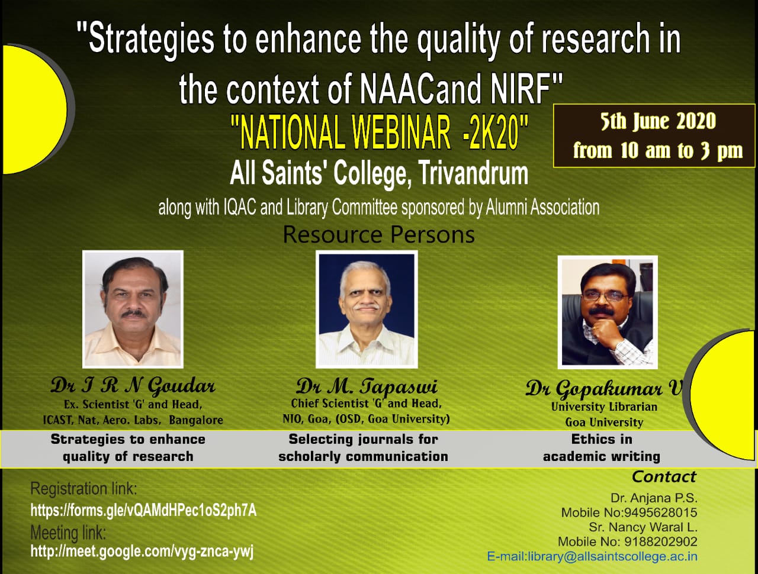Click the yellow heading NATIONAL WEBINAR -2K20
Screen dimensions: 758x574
point(379,133)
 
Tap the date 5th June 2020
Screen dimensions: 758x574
point(657,121)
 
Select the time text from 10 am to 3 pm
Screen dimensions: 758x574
point(657,150)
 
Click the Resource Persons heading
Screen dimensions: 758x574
point(379,235)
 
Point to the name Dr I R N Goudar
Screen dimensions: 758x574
point(133,386)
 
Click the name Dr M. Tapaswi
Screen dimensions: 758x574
point(367,386)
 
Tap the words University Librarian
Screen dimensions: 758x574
point(604,407)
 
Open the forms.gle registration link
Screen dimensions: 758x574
point(144,510)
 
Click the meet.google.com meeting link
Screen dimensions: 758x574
point(142,551)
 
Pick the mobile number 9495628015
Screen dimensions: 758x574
point(660,512)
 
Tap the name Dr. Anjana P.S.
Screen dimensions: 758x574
point(654,498)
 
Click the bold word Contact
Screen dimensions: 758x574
point(664,477)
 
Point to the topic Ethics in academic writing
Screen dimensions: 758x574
point(602,448)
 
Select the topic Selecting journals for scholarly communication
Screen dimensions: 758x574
point(363,448)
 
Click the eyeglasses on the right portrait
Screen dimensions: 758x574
point(605,296)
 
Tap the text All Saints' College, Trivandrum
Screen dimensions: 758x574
point(379,173)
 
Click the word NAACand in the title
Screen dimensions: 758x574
point(420,89)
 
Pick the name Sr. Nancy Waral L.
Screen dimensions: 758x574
point(643,527)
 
